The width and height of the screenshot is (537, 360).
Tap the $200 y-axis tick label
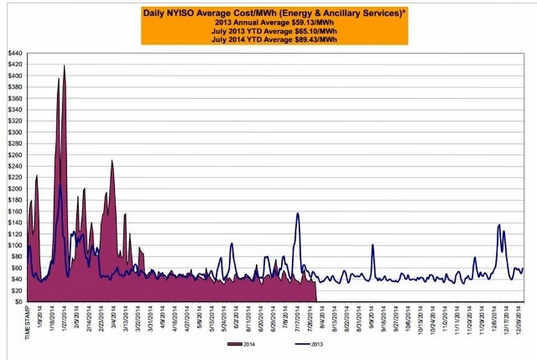click(x=14, y=189)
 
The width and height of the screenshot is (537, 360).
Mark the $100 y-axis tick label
click(x=14, y=245)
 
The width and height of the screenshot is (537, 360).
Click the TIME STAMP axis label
click(x=28, y=321)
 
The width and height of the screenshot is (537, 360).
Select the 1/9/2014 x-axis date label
click(x=39, y=317)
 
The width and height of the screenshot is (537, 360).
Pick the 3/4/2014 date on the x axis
click(x=115, y=317)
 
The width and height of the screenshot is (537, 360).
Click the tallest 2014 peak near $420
click(x=64, y=65)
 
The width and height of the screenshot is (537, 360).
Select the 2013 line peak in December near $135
click(x=499, y=225)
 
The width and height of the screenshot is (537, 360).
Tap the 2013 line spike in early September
click(x=373, y=246)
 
